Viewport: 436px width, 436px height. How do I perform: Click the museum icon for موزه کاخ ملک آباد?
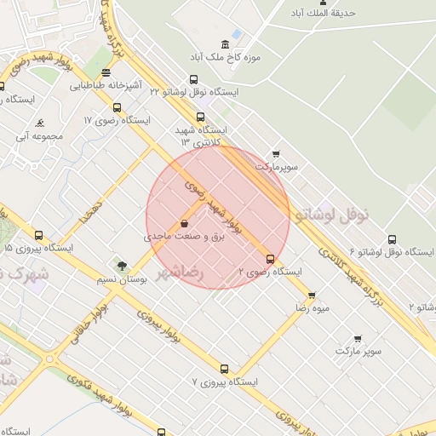coord(225,44)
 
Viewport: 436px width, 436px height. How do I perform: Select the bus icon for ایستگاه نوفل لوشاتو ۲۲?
coord(193,80)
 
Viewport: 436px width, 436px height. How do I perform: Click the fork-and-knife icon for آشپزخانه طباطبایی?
coord(106,73)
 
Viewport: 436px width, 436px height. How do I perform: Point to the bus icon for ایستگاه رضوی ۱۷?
coord(117,108)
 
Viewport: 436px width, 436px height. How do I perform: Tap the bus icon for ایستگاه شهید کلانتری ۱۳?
coord(200,118)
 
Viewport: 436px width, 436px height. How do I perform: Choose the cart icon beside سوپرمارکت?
coord(275,154)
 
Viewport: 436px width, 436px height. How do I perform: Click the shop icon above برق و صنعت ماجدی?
coord(185,224)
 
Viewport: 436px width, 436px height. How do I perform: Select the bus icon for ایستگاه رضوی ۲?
coord(271,259)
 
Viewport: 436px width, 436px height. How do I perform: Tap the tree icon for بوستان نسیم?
coord(122,266)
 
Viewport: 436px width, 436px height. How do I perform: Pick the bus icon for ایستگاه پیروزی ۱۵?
coord(38,235)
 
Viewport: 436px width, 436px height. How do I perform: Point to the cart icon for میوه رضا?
coord(311,295)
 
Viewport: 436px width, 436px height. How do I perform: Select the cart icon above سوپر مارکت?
coord(358,338)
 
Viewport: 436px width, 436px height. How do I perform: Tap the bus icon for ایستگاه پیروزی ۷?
coord(224,369)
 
